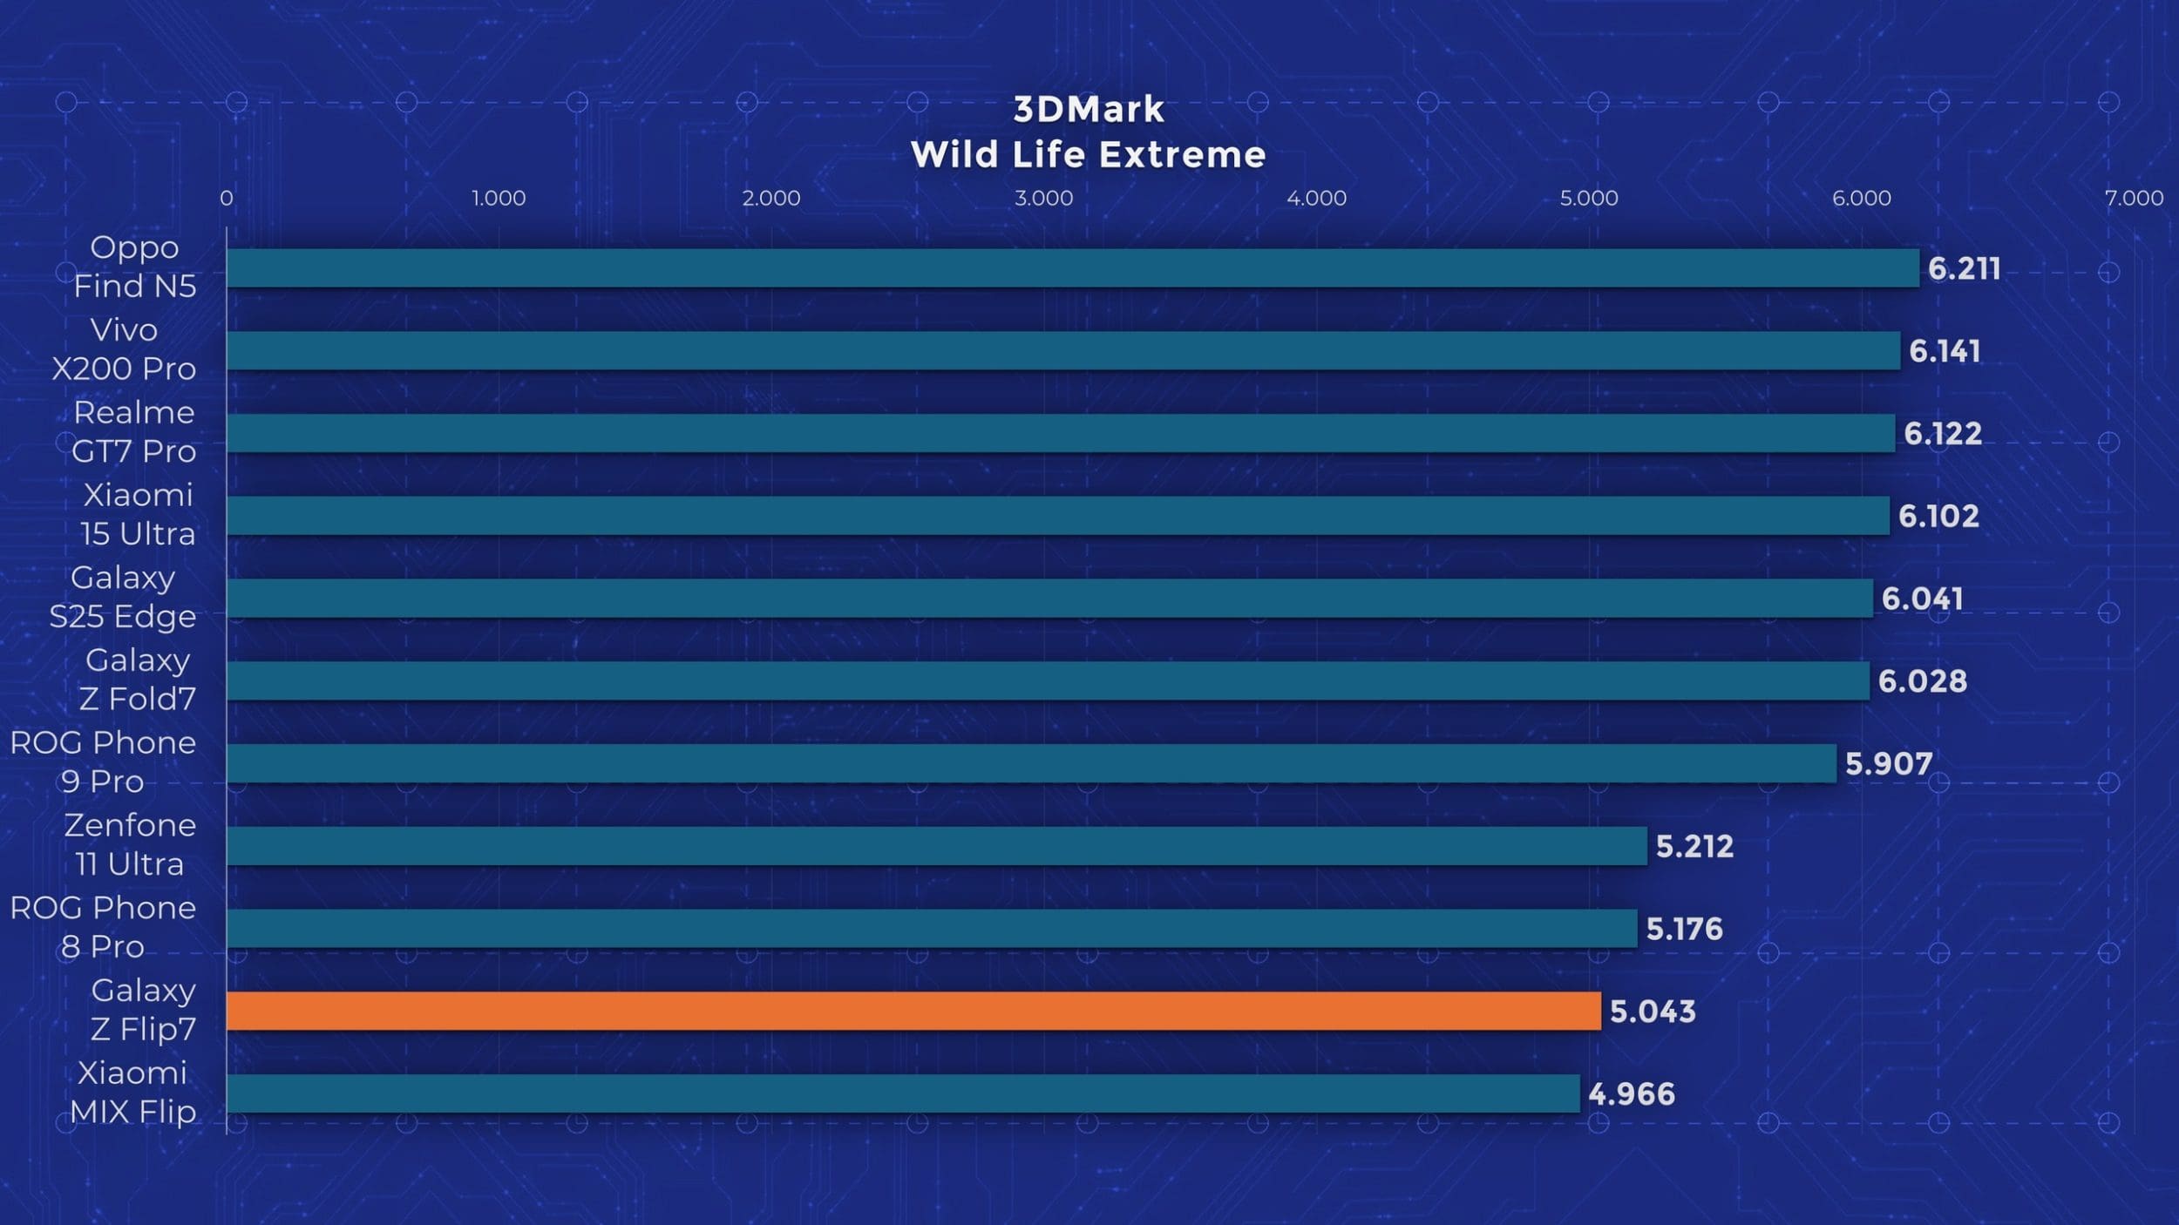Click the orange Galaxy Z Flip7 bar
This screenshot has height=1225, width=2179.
(913, 1011)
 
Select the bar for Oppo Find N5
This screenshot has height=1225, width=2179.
(1072, 267)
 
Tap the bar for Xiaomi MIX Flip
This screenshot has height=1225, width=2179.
(903, 1093)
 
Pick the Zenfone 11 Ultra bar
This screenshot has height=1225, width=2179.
(936, 846)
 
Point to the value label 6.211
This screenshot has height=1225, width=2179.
(1964, 268)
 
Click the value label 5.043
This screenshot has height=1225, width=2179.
(1652, 1012)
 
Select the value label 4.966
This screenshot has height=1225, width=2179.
(1631, 1094)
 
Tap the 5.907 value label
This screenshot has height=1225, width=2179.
(1888, 764)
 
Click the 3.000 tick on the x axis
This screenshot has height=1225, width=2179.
(1043, 199)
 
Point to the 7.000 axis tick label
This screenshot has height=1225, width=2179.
(2133, 199)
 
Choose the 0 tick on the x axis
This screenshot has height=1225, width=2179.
(227, 199)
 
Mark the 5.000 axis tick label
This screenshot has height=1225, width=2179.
(1588, 199)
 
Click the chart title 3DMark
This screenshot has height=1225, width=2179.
(1089, 110)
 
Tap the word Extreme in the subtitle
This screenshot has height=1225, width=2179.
(1182, 155)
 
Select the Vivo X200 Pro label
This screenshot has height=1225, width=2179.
(124, 349)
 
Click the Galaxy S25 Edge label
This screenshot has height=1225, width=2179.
(123, 597)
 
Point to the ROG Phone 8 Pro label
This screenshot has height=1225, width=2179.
(103, 927)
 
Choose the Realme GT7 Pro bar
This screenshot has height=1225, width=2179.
(1060, 433)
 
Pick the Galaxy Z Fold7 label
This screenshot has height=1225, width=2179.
(137, 680)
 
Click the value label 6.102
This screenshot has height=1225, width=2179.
(1938, 516)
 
